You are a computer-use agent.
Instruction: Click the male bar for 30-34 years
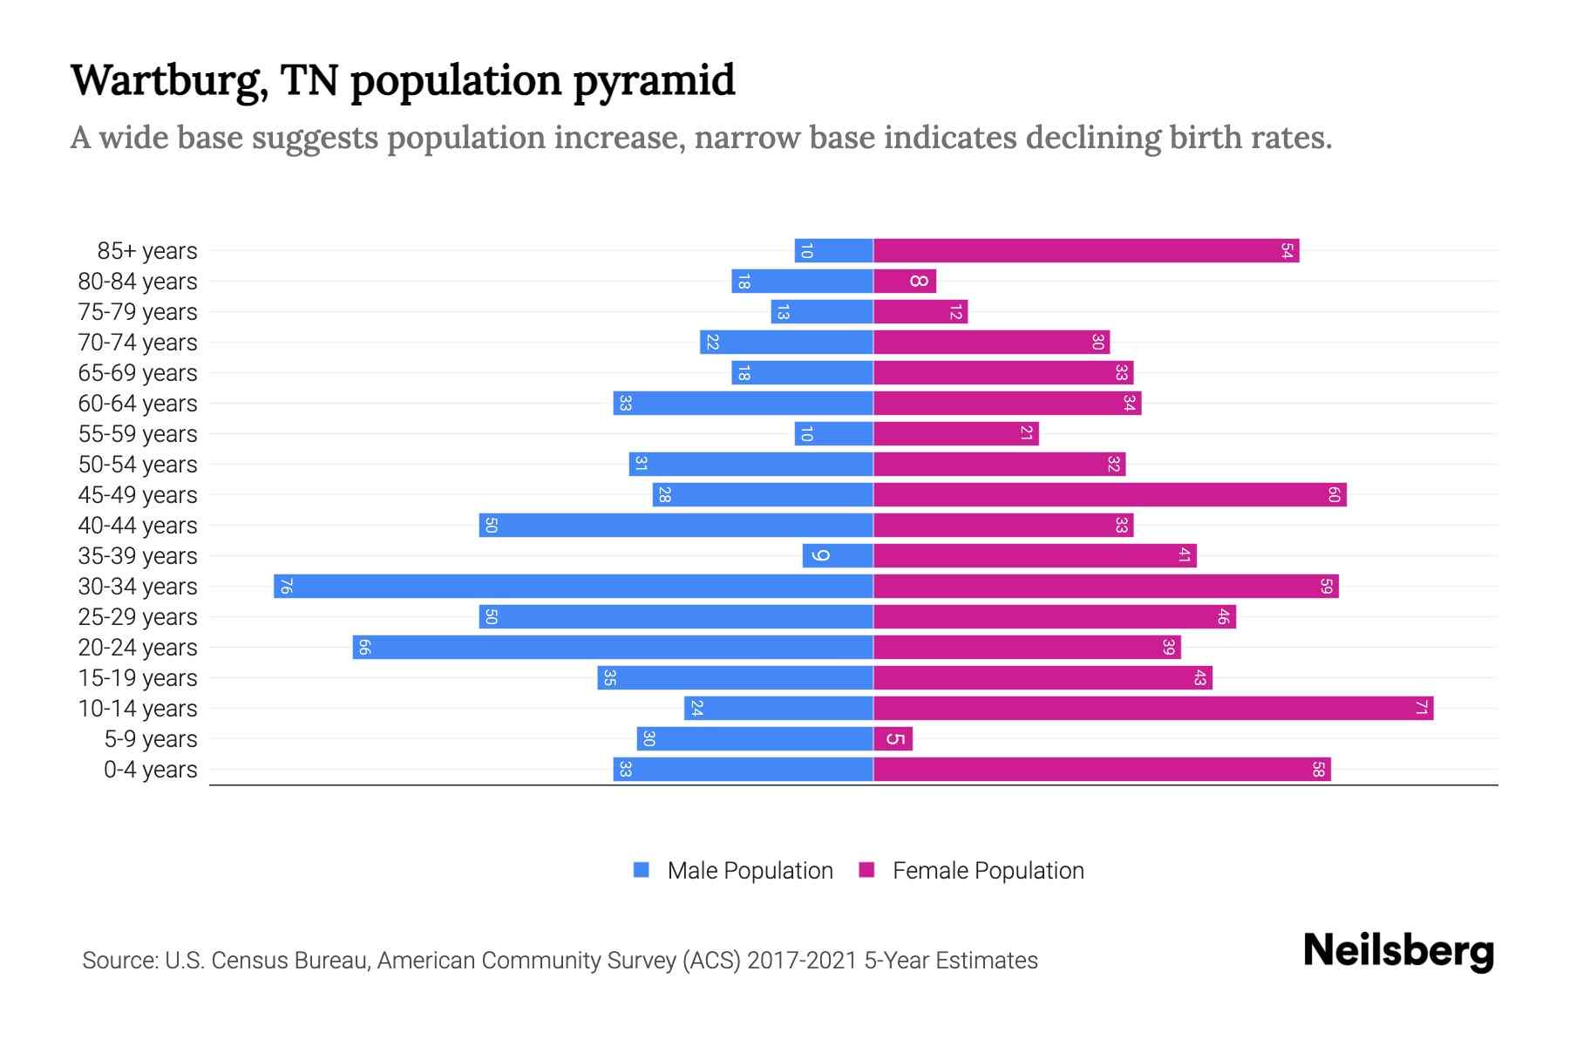[574, 586]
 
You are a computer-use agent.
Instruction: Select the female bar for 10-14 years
[1152, 708]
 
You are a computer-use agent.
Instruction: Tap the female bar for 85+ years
[1085, 251]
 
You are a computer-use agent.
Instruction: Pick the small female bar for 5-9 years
[893, 739]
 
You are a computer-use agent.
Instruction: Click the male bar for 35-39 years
[838, 556]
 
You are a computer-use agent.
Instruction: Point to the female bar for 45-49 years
[1109, 495]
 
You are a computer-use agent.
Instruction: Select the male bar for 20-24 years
[613, 647]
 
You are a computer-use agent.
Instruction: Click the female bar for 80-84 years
[904, 282]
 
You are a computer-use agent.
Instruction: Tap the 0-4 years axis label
[150, 770]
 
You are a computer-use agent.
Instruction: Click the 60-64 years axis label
[138, 404]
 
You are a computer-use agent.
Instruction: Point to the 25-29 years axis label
[138, 617]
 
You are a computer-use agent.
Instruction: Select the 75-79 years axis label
[138, 312]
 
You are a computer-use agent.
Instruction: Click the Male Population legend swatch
[642, 870]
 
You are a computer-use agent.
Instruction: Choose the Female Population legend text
[988, 870]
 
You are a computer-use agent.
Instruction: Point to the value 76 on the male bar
[285, 586]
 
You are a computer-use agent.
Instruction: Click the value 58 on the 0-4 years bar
[1318, 770]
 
